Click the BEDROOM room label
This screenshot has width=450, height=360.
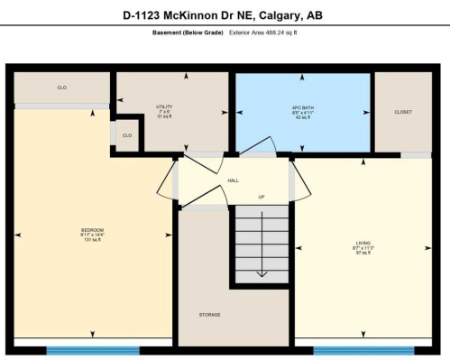coord(92,229)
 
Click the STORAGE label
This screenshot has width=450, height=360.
coord(209,314)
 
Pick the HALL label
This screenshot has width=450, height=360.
coord(233,180)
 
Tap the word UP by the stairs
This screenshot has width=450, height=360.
coord(261,197)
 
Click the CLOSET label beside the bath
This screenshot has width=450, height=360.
coord(403,112)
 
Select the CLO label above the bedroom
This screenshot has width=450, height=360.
coord(62,88)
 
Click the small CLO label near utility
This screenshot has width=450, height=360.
coord(127,135)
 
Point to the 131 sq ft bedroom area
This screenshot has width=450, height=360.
coord(92,240)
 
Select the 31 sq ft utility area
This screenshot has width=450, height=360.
coord(163,116)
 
